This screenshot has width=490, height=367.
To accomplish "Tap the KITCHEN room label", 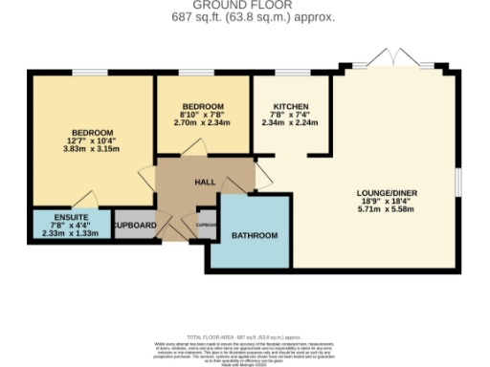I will click(289, 106).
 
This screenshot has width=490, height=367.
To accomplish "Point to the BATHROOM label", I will click(255, 235).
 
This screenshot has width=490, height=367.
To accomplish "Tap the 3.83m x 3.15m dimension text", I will click(92, 149).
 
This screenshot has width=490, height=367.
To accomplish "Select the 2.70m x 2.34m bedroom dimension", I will click(203, 122).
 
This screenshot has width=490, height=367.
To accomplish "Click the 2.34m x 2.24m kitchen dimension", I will click(289, 122).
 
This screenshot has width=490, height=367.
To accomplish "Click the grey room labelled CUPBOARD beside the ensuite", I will click(134, 226).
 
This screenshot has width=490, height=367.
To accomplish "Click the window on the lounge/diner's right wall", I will click(457, 181).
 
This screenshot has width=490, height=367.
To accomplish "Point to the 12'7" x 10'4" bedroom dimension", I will click(92, 140).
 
